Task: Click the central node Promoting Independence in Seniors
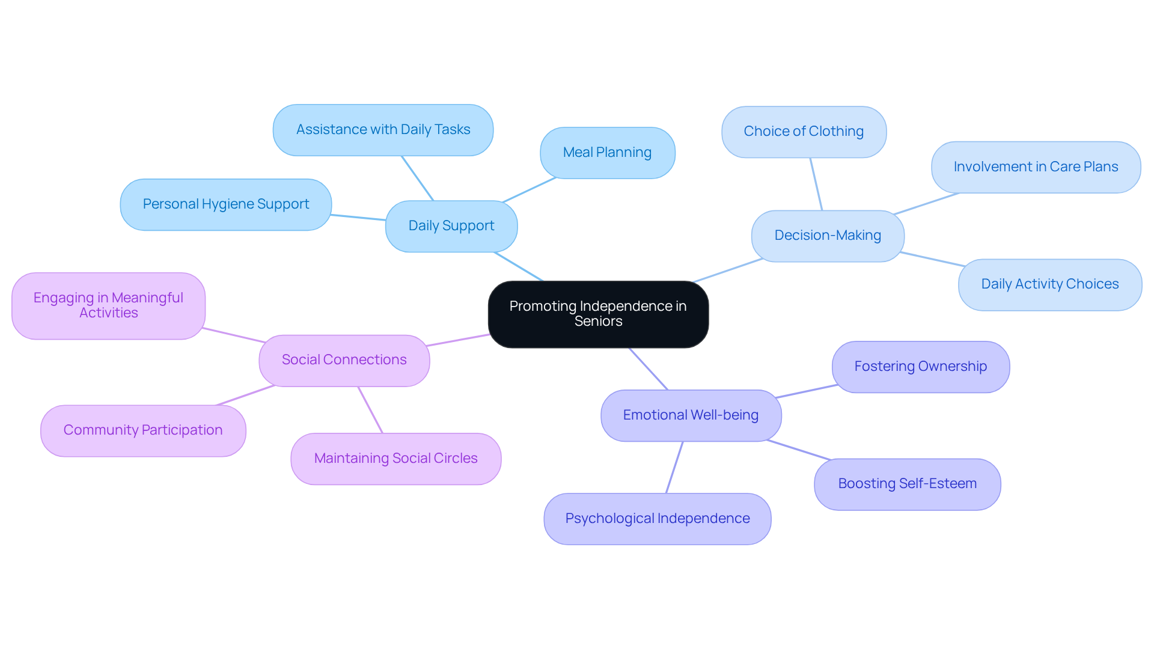click(598, 314)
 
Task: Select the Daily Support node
click(451, 226)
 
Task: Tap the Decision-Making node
click(827, 236)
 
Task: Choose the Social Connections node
click(344, 360)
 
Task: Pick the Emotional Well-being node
click(691, 415)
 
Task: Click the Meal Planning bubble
click(607, 153)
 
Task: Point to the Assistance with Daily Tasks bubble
click(383, 130)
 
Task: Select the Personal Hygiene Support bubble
click(225, 204)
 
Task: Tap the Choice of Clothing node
click(804, 132)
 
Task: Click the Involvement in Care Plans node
click(1036, 167)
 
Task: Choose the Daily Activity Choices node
click(1049, 284)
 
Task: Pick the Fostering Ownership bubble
click(920, 367)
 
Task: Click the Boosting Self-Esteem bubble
click(907, 484)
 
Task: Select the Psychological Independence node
click(657, 519)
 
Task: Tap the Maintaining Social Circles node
click(395, 459)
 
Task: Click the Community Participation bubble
click(143, 430)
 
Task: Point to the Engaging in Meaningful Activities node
click(108, 305)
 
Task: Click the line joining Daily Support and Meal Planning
click(529, 190)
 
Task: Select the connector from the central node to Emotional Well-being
click(649, 369)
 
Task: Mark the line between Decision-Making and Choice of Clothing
click(816, 184)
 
